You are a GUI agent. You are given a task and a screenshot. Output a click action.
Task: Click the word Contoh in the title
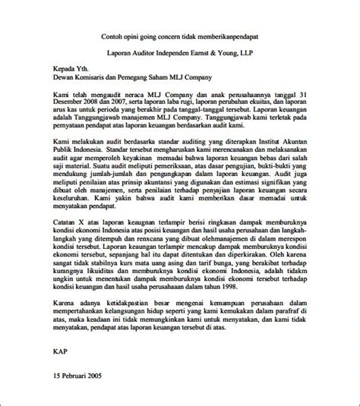pos(113,37)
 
